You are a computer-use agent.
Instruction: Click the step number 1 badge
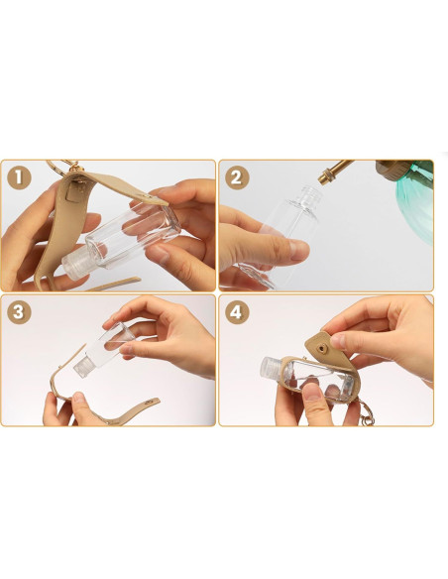tap(19, 177)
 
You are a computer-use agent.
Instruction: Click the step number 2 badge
tap(237, 177)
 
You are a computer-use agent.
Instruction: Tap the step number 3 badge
tap(19, 312)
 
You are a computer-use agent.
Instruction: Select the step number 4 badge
tap(237, 312)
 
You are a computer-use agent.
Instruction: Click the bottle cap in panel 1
tap(75, 264)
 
